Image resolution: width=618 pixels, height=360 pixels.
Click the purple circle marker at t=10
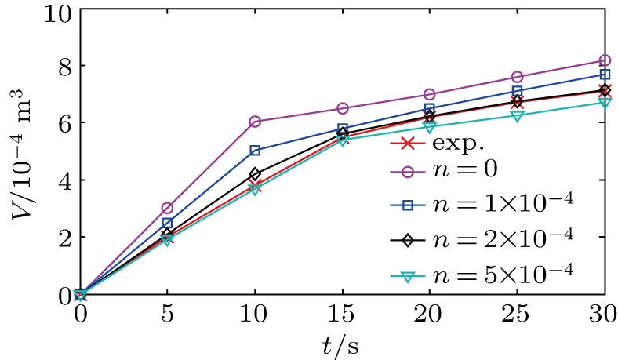pyautogui.click(x=255, y=122)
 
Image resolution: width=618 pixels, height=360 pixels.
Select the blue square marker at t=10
pyautogui.click(x=255, y=150)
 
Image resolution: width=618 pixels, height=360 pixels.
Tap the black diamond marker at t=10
pyautogui.click(x=255, y=174)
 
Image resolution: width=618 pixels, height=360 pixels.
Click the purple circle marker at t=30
pyautogui.click(x=605, y=60)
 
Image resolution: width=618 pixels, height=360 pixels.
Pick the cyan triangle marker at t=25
pyautogui.click(x=517, y=115)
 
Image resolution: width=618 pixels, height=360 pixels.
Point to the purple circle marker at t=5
pyautogui.click(x=167, y=208)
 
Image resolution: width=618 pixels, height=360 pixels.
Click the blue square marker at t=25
pyautogui.click(x=517, y=91)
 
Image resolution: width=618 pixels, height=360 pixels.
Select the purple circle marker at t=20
pyautogui.click(x=430, y=94)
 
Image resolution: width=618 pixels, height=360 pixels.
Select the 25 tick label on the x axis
pyautogui.click(x=517, y=314)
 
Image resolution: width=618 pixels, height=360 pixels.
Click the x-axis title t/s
pyautogui.click(x=342, y=344)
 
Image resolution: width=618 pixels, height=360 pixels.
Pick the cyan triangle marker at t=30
pyautogui.click(x=605, y=103)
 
